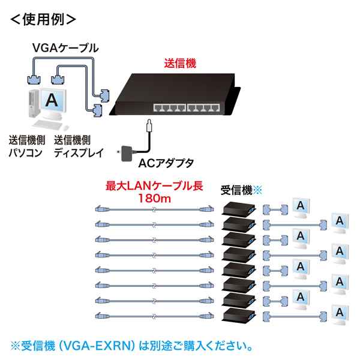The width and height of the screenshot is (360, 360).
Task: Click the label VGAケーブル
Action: tap(65, 46)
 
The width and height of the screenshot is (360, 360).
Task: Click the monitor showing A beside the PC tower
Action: tap(53, 102)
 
